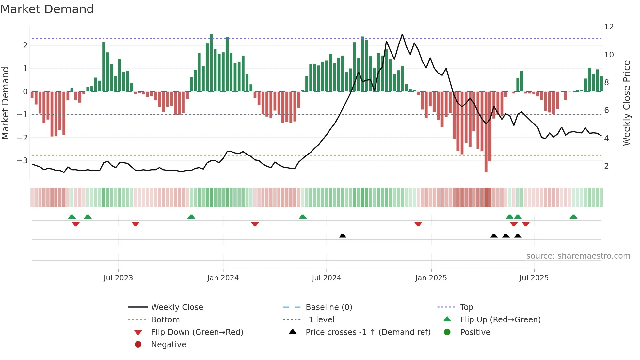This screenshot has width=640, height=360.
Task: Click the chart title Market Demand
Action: [47, 9]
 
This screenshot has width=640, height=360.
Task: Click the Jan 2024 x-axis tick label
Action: [223, 278]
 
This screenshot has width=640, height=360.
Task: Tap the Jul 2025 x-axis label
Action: [534, 278]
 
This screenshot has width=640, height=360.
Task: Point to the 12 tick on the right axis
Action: [609, 27]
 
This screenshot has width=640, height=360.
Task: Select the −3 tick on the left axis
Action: [22, 160]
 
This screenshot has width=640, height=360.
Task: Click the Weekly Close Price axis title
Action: [626, 103]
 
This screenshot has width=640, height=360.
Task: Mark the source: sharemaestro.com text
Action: [578, 256]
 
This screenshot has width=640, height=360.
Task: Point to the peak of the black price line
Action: [402, 34]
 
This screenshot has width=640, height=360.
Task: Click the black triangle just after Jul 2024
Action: [343, 236]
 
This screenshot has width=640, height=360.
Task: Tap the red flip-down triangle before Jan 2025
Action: [418, 224]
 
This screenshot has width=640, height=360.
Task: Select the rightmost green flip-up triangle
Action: [573, 217]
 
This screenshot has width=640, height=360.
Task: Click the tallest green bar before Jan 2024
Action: [211, 62]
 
